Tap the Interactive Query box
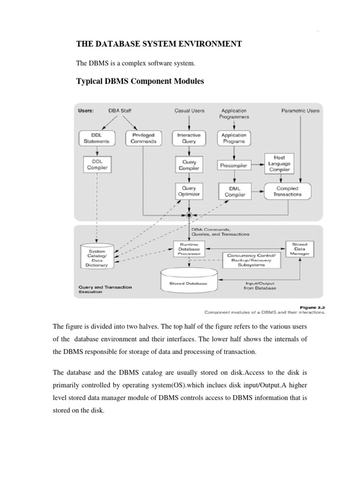(188, 138)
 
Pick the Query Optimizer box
(188, 190)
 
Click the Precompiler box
(233, 165)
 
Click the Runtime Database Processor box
(188, 248)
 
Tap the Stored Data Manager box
(300, 249)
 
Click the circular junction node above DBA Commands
(189, 215)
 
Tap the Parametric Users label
(300, 111)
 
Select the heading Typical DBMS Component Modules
(140, 82)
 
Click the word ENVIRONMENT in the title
(209, 44)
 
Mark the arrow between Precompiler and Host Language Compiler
(256, 165)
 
